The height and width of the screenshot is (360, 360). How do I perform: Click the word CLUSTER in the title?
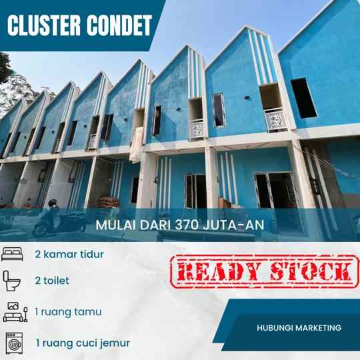(x=44, y=25)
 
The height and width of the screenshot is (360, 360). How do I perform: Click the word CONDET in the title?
(x=119, y=25)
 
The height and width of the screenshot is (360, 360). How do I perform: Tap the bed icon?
(x=13, y=254)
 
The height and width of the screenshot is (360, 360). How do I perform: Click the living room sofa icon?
(x=14, y=311)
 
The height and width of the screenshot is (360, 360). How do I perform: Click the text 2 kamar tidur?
(x=69, y=254)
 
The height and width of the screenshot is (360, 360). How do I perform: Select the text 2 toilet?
(x=52, y=281)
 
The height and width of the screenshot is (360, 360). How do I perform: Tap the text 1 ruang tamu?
(x=68, y=311)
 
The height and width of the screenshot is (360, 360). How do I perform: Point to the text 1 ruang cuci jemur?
(x=83, y=343)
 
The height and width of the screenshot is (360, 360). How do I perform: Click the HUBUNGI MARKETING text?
(x=299, y=327)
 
